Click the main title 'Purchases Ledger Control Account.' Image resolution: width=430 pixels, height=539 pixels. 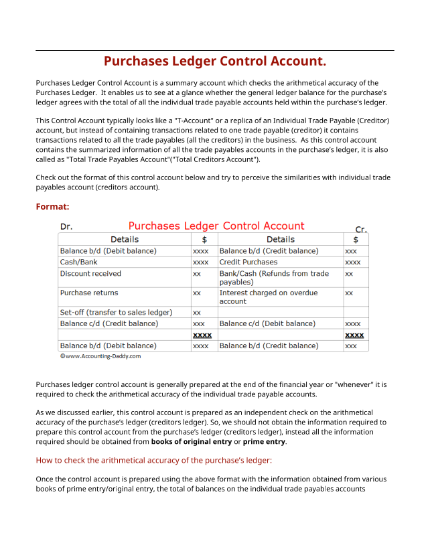point(215,62)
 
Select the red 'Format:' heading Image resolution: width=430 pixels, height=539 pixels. point(52,207)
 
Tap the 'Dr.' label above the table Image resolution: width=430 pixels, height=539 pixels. point(66,227)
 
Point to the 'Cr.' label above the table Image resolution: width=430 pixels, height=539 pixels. point(361,228)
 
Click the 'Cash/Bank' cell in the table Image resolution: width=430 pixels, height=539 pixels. point(78,262)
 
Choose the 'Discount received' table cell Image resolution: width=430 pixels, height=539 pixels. point(90,273)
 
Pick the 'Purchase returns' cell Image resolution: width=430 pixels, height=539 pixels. point(88,293)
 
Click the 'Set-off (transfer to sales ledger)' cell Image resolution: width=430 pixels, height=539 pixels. point(115,312)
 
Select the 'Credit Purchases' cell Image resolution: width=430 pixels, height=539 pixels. point(248,262)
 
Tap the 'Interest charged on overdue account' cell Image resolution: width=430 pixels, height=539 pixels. point(268,297)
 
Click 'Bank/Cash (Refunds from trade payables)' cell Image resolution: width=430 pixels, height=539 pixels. point(274,277)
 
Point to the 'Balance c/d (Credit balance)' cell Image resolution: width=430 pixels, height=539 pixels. point(109,323)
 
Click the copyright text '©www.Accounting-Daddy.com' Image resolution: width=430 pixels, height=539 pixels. point(100,356)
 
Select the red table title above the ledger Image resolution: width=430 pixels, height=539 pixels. point(216,226)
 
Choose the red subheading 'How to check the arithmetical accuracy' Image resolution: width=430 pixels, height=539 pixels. point(154,461)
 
